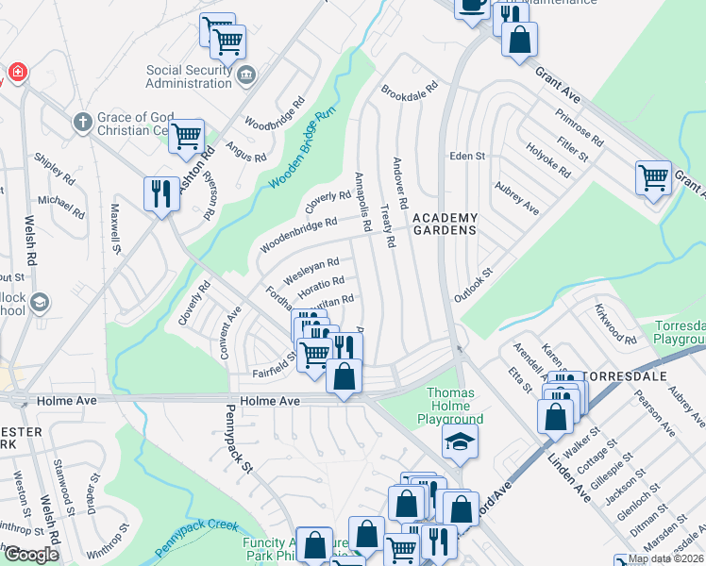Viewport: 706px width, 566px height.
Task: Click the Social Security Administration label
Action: (189, 76)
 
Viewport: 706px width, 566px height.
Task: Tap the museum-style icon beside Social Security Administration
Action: (246, 75)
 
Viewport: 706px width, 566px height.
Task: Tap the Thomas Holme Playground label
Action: (455, 406)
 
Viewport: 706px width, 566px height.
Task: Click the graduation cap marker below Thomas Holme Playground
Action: (460, 441)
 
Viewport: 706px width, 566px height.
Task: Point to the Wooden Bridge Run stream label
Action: (303, 149)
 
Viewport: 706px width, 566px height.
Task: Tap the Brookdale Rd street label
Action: (410, 92)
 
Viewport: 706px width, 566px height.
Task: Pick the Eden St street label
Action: (466, 156)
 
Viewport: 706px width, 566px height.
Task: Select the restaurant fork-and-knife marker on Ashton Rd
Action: (160, 193)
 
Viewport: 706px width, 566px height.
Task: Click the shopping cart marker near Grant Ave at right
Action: (653, 176)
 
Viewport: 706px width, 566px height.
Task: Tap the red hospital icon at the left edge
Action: (16, 73)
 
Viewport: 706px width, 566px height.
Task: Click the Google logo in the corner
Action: (31, 555)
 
